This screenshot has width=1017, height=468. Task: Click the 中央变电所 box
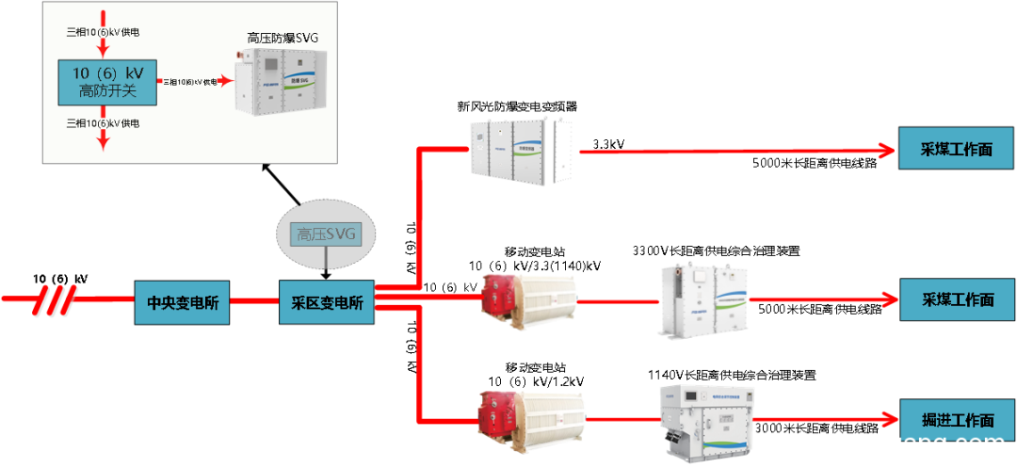tap(182, 302)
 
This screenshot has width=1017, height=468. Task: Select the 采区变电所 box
tap(327, 302)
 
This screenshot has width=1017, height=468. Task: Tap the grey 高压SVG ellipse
tap(326, 233)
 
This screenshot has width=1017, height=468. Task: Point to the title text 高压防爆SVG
tap(282, 38)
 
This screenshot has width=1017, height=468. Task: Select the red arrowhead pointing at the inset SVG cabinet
tap(226, 82)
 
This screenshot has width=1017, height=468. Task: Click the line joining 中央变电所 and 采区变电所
tap(254, 301)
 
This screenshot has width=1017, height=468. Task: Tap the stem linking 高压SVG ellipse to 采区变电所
tap(327, 266)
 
